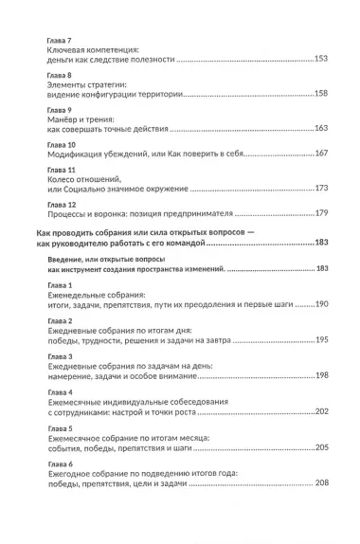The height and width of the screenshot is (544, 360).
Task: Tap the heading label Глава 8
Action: pos(59,73)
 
